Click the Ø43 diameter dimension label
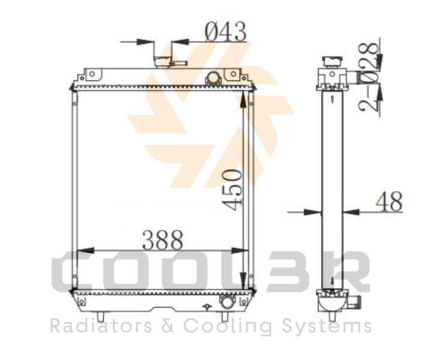226,31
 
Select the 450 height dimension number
232,190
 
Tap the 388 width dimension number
163,239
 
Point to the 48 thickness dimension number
389,201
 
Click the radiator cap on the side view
332,62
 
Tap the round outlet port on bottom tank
227,302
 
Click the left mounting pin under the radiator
100,316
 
